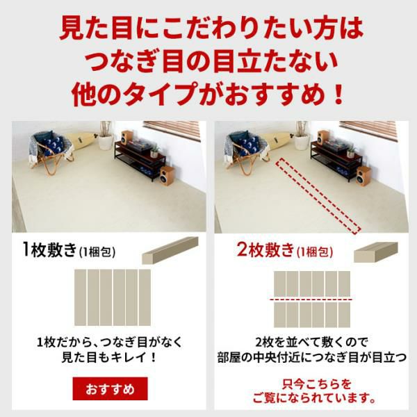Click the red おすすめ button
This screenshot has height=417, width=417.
[x=110, y=389]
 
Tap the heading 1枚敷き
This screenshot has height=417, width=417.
[x=50, y=250]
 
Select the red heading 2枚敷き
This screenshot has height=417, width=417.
[x=265, y=250]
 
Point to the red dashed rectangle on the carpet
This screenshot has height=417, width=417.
[x=318, y=196]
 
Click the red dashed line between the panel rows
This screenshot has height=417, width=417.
[x=311, y=300]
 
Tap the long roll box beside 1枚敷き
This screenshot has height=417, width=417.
[x=170, y=250]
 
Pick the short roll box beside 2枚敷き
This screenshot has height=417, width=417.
[x=375, y=252]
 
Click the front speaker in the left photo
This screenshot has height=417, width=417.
[x=167, y=176]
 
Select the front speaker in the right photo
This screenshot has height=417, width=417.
[x=363, y=176]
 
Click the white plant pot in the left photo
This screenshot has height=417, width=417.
[x=106, y=142]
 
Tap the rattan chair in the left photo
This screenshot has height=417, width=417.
[x=51, y=153]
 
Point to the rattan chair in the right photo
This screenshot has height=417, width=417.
[x=247, y=153]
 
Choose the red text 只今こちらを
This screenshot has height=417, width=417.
[x=316, y=384]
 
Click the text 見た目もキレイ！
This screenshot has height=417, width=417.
[x=109, y=358]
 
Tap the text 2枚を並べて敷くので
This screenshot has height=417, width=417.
[x=311, y=342]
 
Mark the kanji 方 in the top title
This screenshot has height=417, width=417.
[x=322, y=28]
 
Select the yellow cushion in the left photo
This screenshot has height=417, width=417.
[x=81, y=140]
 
